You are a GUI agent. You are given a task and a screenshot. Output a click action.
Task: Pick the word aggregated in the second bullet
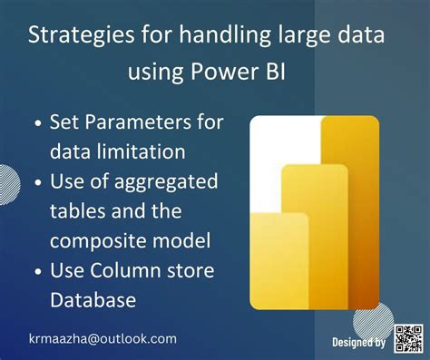pyautogui.click(x=168, y=180)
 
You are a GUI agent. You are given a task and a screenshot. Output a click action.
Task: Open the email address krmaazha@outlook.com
pyautogui.click(x=102, y=338)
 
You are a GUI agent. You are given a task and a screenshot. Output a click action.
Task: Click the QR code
pyautogui.click(x=409, y=340)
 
